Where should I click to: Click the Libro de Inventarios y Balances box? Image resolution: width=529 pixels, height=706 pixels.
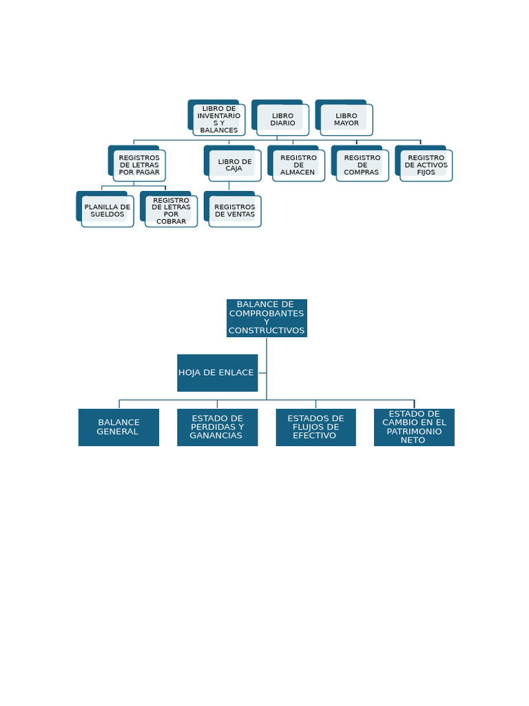pos(218,119)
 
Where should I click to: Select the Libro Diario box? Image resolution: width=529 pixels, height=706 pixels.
pos(282,119)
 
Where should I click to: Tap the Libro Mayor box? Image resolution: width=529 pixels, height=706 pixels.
pos(346,119)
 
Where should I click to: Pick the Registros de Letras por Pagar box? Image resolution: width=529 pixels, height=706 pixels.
pos(138,165)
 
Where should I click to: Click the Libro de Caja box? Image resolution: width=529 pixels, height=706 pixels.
pos(234,165)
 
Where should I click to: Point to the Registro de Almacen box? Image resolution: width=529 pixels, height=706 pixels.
pos(298,165)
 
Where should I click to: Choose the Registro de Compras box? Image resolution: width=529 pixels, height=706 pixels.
pos(362,165)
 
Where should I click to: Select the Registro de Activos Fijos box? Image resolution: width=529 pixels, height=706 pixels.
pos(426,165)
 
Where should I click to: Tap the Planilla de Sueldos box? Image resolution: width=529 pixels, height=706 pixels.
pos(107,210)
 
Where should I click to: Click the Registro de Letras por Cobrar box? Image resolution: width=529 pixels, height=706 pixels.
pos(171,210)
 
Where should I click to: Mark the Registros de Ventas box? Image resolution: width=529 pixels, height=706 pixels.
pos(234,210)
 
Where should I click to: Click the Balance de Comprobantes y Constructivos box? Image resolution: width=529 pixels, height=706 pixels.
pos(267,318)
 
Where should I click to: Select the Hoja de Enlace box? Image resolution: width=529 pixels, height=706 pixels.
pos(217,372)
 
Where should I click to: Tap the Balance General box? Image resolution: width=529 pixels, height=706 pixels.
pos(118,427)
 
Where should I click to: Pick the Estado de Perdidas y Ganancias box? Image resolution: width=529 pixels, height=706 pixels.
pos(217,427)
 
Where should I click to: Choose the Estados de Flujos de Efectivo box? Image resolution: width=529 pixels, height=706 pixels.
pos(315,427)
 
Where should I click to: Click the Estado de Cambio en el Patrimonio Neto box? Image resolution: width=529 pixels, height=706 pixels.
pos(414,427)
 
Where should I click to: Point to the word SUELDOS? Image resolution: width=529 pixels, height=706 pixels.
pos(107,214)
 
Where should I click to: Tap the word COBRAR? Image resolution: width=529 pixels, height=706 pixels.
pos(171,221)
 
